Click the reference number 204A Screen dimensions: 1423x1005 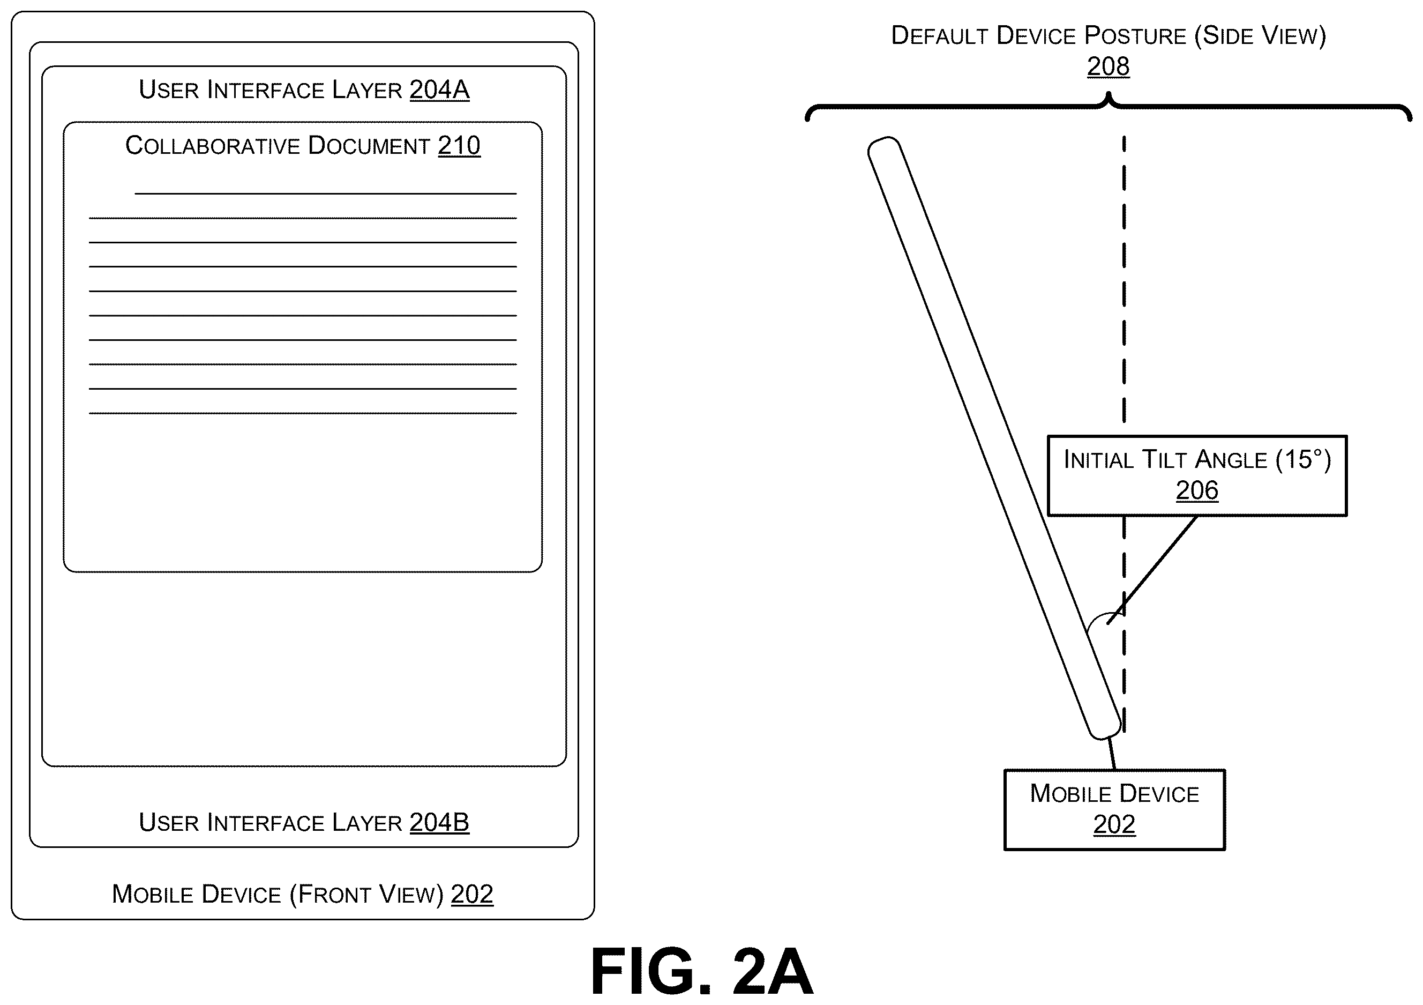[439, 90]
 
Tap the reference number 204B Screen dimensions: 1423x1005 [439, 823]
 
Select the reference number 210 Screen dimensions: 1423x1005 [459, 146]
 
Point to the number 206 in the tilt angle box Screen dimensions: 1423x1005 [1197, 490]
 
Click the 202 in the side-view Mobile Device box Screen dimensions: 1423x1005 [1114, 824]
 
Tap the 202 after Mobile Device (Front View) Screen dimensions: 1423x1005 [472, 894]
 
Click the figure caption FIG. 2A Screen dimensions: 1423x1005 [702, 972]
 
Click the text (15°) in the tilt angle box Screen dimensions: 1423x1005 [1304, 459]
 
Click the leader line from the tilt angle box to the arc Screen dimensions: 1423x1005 [1152, 570]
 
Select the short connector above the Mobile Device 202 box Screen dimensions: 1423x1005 [1112, 754]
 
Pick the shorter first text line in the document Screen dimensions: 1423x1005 [325, 194]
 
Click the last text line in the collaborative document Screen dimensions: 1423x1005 [303, 413]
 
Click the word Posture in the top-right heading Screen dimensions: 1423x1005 [1135, 36]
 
